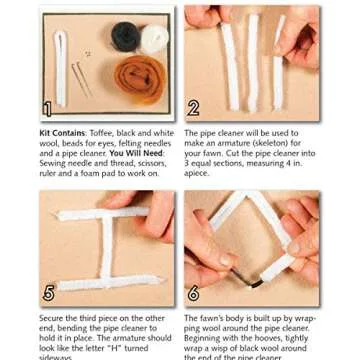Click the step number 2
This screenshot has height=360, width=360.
coord(194,108)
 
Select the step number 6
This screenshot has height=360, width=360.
coord(194,294)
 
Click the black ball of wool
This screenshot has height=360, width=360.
coord(125,38)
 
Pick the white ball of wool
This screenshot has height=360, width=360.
coord(154,40)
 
